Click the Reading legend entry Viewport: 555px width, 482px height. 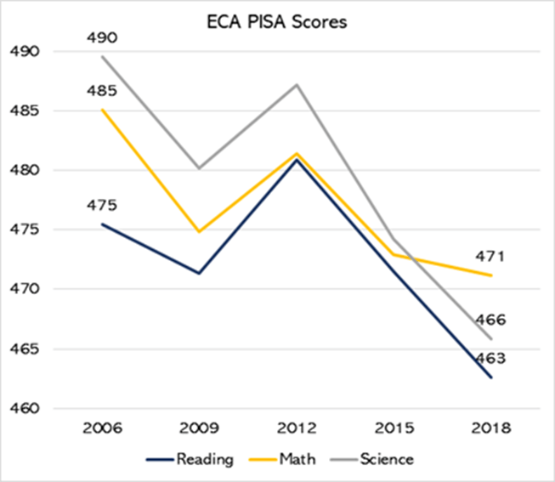click(205, 459)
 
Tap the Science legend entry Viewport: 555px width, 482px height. click(384, 459)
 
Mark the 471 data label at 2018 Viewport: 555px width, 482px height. click(490, 256)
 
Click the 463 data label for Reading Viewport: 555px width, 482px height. click(490, 357)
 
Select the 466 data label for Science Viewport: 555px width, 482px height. click(490, 320)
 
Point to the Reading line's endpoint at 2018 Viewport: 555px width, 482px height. click(490, 377)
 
